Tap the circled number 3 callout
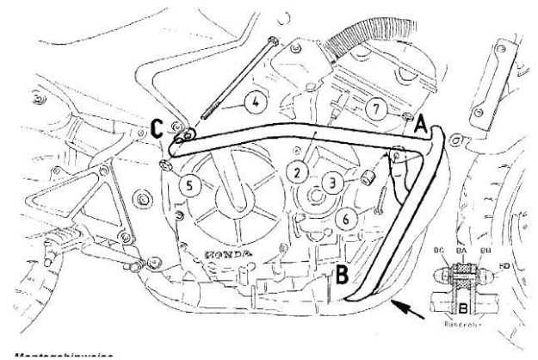(331, 183)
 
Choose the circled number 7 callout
(373, 109)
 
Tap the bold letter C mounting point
(157, 129)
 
